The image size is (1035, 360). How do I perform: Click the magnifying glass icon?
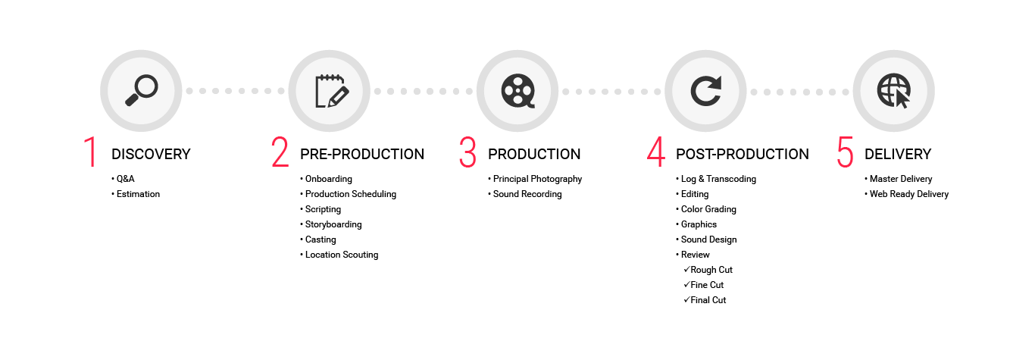[x=142, y=91]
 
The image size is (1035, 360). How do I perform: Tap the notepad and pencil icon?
[x=332, y=91]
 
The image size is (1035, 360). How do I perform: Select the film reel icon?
[x=518, y=91]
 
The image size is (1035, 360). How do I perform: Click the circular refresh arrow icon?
[x=706, y=91]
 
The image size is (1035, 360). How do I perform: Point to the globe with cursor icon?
[x=893, y=91]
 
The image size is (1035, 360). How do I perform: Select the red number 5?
[x=845, y=152]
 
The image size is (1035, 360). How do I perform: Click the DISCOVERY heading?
[x=151, y=154]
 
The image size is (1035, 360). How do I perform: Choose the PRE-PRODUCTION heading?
[x=362, y=154]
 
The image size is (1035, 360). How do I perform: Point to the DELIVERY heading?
[x=898, y=154]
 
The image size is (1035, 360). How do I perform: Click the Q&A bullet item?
[x=123, y=179]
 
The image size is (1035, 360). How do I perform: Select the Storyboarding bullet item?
[x=331, y=224]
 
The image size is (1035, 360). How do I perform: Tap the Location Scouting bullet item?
[x=339, y=255]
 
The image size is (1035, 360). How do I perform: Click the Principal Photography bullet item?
[x=535, y=179]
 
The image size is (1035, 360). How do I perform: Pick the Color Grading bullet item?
[x=706, y=209]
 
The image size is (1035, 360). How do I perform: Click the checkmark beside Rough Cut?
[x=686, y=269]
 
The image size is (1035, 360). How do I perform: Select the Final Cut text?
[x=708, y=300]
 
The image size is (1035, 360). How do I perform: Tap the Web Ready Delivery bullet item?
[x=906, y=194]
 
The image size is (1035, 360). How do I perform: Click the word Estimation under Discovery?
[x=138, y=194]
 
